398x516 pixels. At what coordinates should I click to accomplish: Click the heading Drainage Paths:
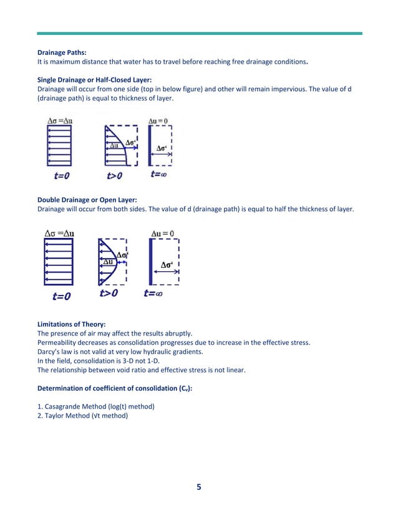coord(62,54)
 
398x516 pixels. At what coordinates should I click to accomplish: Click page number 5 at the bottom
coord(198,487)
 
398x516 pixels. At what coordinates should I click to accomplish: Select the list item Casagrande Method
coord(96,407)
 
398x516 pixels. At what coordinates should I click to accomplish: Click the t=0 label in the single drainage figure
coord(61,176)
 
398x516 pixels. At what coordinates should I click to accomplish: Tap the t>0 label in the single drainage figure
coord(114,176)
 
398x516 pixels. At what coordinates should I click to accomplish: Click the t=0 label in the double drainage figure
coord(61,296)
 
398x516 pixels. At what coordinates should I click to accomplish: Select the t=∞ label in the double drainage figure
coord(153,293)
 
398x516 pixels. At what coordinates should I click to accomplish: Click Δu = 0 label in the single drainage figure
coord(162,120)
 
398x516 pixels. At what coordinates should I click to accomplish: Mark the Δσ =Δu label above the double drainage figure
coord(59,234)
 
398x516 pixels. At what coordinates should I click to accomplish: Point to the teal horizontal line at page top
coord(198,33)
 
